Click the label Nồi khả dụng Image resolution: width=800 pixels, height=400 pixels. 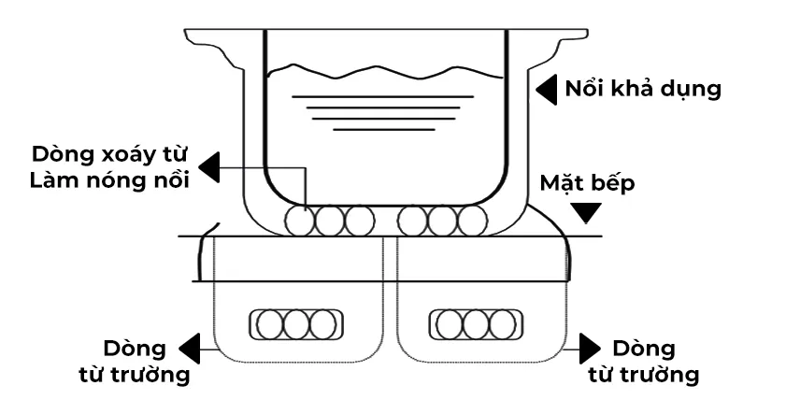coord(643,91)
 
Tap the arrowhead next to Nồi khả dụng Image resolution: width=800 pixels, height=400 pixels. coord(546,90)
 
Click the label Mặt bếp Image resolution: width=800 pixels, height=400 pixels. coord(587,182)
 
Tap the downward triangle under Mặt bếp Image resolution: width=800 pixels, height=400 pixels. coord(587,213)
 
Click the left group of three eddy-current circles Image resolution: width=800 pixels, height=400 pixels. coord(330,221)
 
